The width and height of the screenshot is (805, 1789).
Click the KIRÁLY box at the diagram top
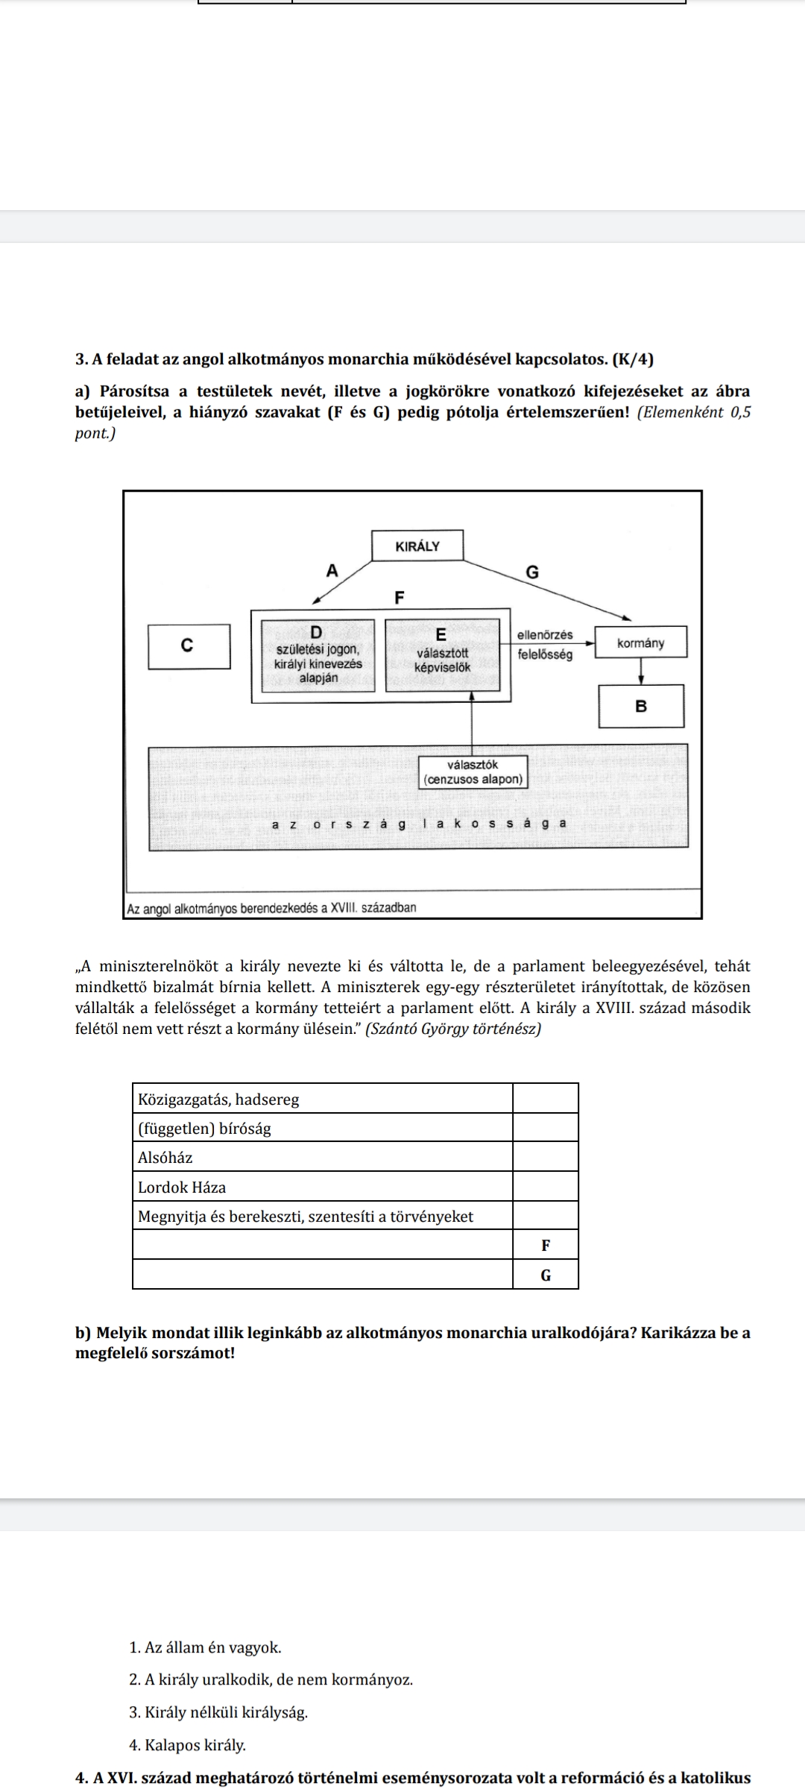pyautogui.click(x=417, y=546)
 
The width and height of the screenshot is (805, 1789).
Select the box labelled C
pyautogui.click(x=189, y=646)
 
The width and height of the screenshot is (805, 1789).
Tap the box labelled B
pyautogui.click(x=641, y=706)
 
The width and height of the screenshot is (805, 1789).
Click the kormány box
pyautogui.click(x=640, y=643)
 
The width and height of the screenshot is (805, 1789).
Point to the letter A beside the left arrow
pyautogui.click(x=332, y=571)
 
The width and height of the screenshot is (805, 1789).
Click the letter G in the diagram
pyautogui.click(x=531, y=572)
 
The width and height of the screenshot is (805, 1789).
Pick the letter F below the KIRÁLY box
pyautogui.click(x=399, y=598)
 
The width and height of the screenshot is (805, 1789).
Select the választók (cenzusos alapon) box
pyautogui.click(x=473, y=772)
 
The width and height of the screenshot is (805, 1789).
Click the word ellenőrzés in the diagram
pyautogui.click(x=545, y=635)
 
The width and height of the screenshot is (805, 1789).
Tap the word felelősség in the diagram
pyautogui.click(x=545, y=654)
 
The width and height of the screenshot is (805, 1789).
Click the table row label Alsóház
pyautogui.click(x=165, y=1158)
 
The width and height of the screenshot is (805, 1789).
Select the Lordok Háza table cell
pyautogui.click(x=182, y=1187)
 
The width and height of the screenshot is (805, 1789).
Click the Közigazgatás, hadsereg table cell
pyautogui.click(x=218, y=1099)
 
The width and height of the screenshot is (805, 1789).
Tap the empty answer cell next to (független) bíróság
pyautogui.click(x=545, y=1128)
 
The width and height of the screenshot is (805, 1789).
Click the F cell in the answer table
pyautogui.click(x=545, y=1245)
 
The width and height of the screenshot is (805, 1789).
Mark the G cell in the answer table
pyautogui.click(x=545, y=1275)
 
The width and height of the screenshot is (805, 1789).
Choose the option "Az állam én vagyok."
pyautogui.click(x=205, y=1647)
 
